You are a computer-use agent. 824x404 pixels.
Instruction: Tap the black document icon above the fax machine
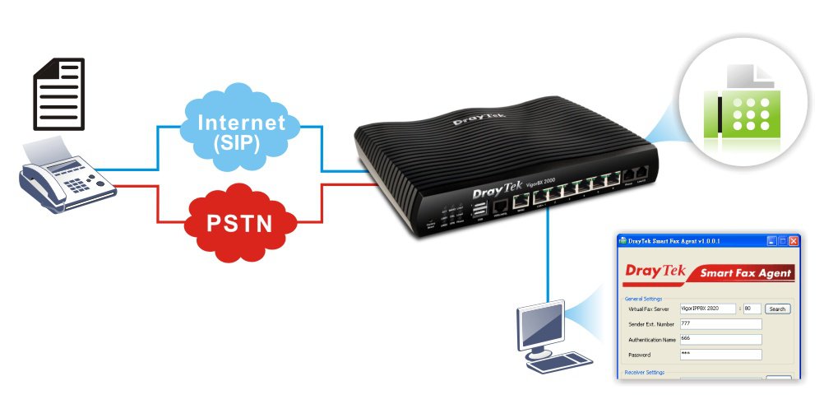coord(58,94)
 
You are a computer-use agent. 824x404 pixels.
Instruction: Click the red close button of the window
coord(793,241)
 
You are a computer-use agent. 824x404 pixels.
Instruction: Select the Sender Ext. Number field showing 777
coord(720,324)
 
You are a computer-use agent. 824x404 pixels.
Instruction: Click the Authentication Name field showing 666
coord(720,339)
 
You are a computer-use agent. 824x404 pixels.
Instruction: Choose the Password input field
coord(720,355)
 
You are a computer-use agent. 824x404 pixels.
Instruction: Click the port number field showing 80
coord(752,309)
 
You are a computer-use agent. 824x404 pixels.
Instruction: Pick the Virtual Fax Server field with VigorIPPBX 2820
coord(708,309)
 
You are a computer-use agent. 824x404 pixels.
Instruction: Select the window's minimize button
coord(771,241)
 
